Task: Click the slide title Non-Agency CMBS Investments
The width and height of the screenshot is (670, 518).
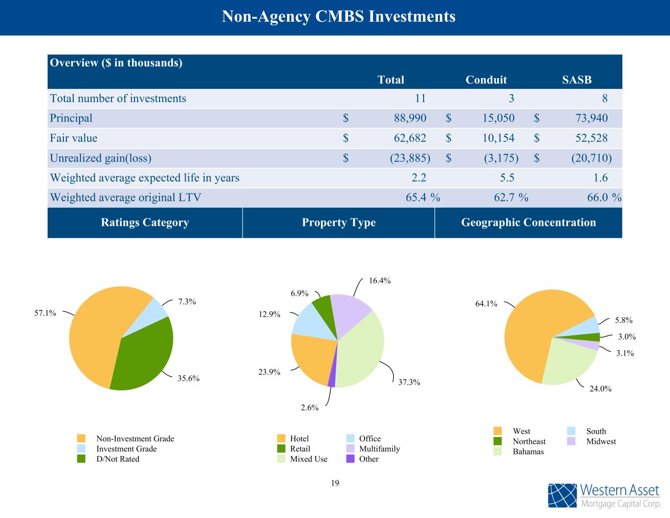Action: coord(339,17)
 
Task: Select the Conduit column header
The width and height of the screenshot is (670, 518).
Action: coord(486,80)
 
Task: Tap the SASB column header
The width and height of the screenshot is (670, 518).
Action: coord(577,80)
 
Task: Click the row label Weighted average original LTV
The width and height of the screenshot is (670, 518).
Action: coord(126,197)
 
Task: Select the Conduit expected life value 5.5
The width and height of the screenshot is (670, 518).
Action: coord(505,178)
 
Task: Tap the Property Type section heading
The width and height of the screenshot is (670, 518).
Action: coord(339,222)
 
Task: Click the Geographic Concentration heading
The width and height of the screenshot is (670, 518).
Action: coord(528,222)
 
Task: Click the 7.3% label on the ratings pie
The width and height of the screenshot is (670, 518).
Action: coord(187,302)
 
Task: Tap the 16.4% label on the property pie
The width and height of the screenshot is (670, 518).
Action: coord(380,281)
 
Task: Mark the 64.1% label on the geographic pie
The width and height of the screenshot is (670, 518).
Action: coord(486,304)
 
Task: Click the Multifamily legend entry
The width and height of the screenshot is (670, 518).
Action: coord(379,449)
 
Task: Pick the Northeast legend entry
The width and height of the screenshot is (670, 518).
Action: coord(529,441)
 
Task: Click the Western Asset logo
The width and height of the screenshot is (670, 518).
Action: coord(604,495)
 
